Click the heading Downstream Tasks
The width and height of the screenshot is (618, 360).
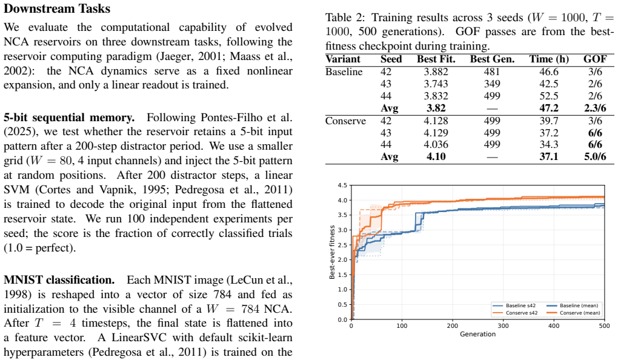[57, 8]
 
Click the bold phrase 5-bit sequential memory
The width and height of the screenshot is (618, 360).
[69, 118]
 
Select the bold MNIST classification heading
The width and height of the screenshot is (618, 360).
[59, 280]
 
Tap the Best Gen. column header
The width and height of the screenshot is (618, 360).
[492, 59]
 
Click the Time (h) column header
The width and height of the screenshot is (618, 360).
[549, 59]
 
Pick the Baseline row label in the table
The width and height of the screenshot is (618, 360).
[344, 72]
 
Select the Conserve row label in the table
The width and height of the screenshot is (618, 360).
[345, 121]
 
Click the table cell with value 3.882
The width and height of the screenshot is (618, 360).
[436, 72]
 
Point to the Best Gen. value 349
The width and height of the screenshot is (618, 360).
[492, 84]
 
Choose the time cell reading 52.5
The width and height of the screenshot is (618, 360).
[549, 96]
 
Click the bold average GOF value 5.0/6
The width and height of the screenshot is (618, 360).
[595, 156]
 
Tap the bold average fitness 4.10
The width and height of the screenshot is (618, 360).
[436, 156]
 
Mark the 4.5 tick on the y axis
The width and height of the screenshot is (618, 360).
[343, 185]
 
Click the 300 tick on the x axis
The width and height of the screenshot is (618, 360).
[503, 325]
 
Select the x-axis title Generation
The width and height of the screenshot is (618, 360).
[477, 334]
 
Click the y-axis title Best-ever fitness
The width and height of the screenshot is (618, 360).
[332, 252]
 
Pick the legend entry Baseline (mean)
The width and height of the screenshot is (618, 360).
[573, 305]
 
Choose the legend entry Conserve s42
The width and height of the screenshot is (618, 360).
[515, 313]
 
